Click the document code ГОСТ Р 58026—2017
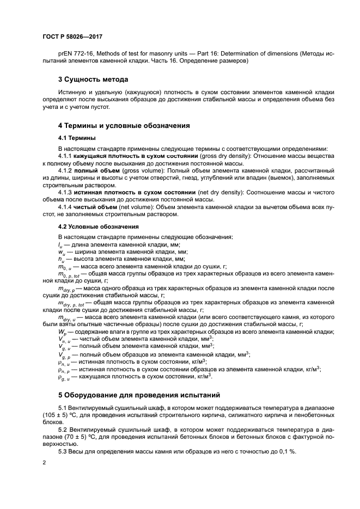[72, 36]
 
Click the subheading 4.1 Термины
[77, 138]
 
